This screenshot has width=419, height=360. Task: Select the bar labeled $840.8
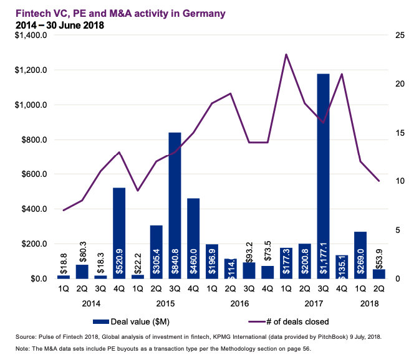pyautogui.click(x=175, y=206)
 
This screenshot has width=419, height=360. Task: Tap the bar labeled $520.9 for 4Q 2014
pyautogui.click(x=119, y=233)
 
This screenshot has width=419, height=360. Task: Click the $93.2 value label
pyautogui.click(x=248, y=250)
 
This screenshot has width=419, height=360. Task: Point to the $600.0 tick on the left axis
pyautogui.click(x=34, y=174)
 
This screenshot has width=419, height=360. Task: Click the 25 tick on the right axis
pyautogui.click(x=392, y=36)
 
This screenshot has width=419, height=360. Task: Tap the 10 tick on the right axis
pyautogui.click(x=392, y=181)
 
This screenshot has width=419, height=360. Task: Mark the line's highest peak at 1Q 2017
pyautogui.click(x=286, y=55)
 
